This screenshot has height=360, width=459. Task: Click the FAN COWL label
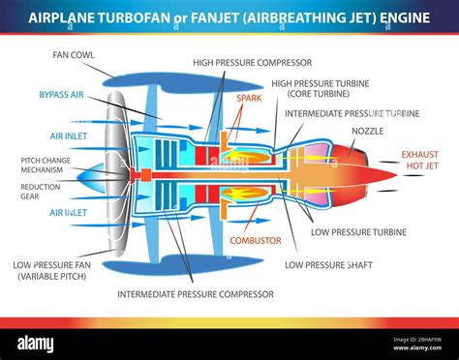[x=74, y=55]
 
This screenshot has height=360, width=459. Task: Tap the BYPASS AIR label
[x=60, y=95]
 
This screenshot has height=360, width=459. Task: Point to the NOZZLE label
[x=367, y=130]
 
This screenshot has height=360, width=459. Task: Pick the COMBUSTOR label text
[x=256, y=239]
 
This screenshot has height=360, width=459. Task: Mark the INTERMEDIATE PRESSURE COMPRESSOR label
[x=195, y=293]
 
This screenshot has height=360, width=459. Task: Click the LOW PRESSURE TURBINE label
[x=358, y=232]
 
